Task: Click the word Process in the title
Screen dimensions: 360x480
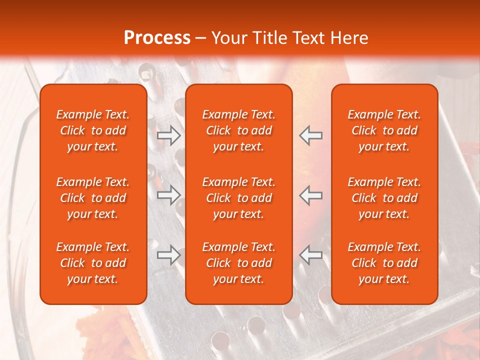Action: tap(157, 38)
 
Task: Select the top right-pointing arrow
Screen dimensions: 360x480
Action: tap(169, 135)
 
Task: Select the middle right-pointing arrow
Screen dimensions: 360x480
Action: tap(169, 195)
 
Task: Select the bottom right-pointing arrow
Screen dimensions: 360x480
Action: tap(169, 255)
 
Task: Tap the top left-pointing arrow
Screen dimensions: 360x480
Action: tap(310, 135)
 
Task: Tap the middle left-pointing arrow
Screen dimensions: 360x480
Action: tap(310, 195)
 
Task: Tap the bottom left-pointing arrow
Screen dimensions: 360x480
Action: tap(310, 255)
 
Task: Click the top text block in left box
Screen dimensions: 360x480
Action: tap(93, 130)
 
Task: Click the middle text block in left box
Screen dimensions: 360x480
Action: tap(93, 198)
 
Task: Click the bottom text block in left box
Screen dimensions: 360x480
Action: tap(93, 263)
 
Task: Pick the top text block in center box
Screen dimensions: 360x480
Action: tap(238, 130)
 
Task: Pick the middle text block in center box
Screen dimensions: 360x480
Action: tap(238, 198)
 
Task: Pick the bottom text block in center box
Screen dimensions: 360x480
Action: tap(238, 263)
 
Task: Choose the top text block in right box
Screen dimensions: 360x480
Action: tap(384, 130)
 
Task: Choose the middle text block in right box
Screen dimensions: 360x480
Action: tap(384, 198)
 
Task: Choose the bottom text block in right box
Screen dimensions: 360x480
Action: tap(384, 263)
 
